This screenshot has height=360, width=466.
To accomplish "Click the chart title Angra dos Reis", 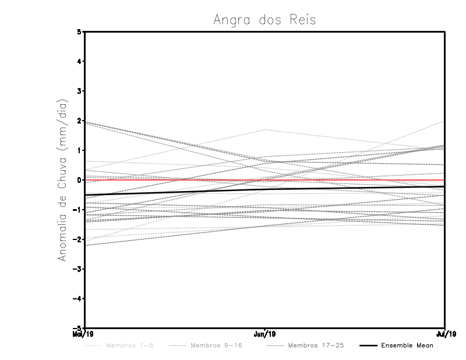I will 265,20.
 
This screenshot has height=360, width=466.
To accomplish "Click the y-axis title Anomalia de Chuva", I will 62,179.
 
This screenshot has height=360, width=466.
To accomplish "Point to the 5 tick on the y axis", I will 79,31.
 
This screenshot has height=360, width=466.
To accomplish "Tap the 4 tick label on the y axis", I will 79,61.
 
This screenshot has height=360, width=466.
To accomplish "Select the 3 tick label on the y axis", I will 79,91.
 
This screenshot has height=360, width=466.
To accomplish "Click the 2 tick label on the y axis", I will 79,121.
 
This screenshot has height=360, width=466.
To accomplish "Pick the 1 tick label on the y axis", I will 79,150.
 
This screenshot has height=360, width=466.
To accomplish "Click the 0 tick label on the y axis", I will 79,180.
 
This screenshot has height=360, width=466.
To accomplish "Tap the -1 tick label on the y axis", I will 77,210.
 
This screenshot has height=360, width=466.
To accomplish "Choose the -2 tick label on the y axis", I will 77,239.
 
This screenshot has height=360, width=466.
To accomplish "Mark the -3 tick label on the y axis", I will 77,269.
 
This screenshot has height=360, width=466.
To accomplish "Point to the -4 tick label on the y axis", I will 77,298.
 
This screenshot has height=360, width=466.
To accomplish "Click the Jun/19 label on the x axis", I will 265,334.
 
